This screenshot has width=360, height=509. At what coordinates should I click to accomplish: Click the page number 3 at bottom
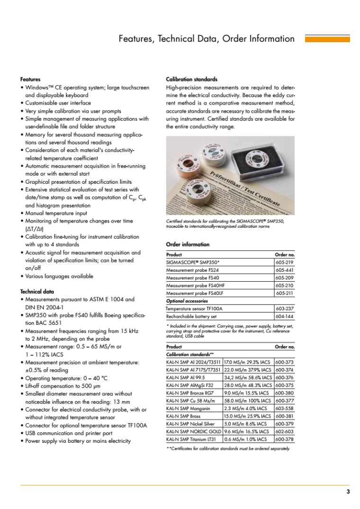(x=348, y=491)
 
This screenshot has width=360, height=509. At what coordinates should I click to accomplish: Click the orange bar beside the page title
(x=327, y=39)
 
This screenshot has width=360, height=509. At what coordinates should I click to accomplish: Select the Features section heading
(x=30, y=79)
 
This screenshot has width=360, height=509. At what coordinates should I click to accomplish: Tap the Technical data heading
(x=37, y=292)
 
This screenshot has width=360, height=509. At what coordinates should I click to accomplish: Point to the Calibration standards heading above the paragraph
(x=192, y=79)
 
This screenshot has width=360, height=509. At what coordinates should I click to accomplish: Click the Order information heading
(x=188, y=244)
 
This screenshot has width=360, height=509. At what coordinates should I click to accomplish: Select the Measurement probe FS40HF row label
(x=191, y=286)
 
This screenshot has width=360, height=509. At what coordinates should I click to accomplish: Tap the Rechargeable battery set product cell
(x=191, y=316)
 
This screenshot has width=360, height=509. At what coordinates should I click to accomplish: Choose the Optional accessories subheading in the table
(x=187, y=301)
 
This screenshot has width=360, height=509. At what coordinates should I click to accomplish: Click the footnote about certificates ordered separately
(x=227, y=448)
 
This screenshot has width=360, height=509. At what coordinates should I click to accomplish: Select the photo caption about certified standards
(x=225, y=224)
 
